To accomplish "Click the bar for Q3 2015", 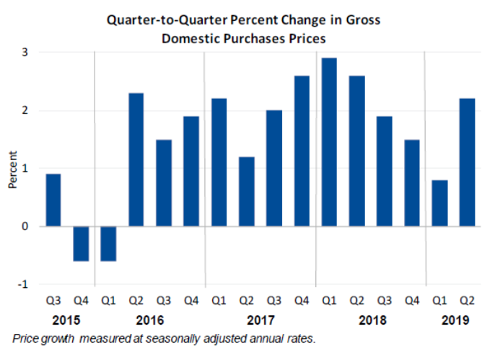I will [53, 200].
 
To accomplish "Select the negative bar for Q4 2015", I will [81, 244].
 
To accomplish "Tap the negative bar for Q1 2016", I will [108, 244].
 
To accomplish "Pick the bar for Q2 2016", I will [136, 159].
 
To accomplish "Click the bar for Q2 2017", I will [246, 191].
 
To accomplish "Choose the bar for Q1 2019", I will [439, 203].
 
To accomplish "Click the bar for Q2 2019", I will [466, 162].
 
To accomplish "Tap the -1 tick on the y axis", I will [23, 284].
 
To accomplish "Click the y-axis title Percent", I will [12, 170].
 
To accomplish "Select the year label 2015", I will [67, 320].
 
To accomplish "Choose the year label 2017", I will [260, 320].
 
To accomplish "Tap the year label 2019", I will [452, 320].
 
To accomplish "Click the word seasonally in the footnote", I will [167, 338].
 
